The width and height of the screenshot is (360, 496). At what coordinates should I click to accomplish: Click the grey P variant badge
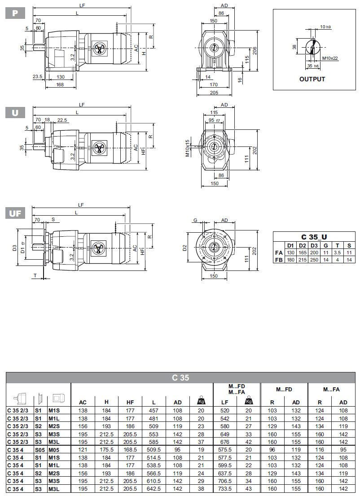click(15, 13)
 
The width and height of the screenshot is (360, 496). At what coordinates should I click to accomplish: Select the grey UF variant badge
click(15, 213)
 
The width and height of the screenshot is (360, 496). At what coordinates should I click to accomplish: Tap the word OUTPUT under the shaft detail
click(312, 79)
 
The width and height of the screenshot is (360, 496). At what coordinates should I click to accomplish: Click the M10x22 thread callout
click(330, 58)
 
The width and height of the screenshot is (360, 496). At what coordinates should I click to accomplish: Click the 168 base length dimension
click(60, 84)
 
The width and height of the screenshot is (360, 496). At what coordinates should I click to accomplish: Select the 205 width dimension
click(214, 93)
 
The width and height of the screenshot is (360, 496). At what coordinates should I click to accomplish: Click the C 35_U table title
click(313, 237)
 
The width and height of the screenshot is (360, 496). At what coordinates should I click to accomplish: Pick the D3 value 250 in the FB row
click(314, 259)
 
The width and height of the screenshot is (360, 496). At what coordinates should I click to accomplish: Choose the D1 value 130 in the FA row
click(290, 252)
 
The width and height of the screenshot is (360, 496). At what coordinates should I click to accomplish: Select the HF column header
click(130, 402)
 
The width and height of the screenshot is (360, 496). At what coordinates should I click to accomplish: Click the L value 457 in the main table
click(154, 410)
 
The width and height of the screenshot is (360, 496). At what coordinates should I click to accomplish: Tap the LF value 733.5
click(225, 489)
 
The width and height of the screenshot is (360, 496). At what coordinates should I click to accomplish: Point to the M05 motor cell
click(54, 449)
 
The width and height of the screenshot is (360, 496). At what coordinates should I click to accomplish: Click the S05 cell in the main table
click(38, 449)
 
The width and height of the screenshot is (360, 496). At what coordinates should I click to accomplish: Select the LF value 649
click(225, 434)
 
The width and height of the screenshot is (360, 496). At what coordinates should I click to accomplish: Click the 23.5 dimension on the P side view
click(37, 77)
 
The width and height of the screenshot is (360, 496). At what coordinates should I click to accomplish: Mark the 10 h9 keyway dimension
click(325, 27)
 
